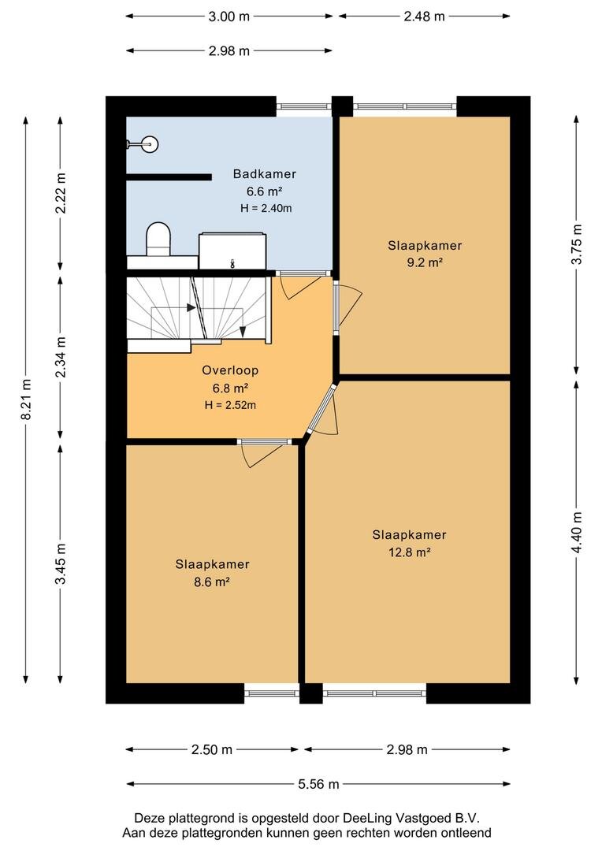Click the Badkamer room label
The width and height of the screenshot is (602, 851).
tap(264, 173)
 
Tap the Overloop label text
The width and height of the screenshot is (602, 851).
tap(230, 370)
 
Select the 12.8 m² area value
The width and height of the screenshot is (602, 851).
tap(409, 552)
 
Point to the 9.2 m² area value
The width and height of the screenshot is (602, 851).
tap(424, 262)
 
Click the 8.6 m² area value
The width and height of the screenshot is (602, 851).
tap(212, 582)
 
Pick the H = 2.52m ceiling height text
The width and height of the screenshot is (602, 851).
tap(230, 405)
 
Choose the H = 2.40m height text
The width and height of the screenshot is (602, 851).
tap(266, 208)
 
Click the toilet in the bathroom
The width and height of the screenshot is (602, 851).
tap(158, 240)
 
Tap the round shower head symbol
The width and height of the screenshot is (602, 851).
tap(150, 144)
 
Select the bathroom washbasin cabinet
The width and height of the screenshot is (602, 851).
tap(233, 251)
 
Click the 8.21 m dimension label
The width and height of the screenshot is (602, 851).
tap(25, 399)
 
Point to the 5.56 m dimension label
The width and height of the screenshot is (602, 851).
tap(318, 784)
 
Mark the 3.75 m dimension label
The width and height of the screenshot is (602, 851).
tap(577, 244)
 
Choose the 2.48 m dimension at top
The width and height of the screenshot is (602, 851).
tap(424, 17)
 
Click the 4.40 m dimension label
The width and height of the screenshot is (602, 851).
tap(577, 533)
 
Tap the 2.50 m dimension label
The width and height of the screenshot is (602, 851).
tap(212, 749)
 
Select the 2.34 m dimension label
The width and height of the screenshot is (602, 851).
tap(60, 357)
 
